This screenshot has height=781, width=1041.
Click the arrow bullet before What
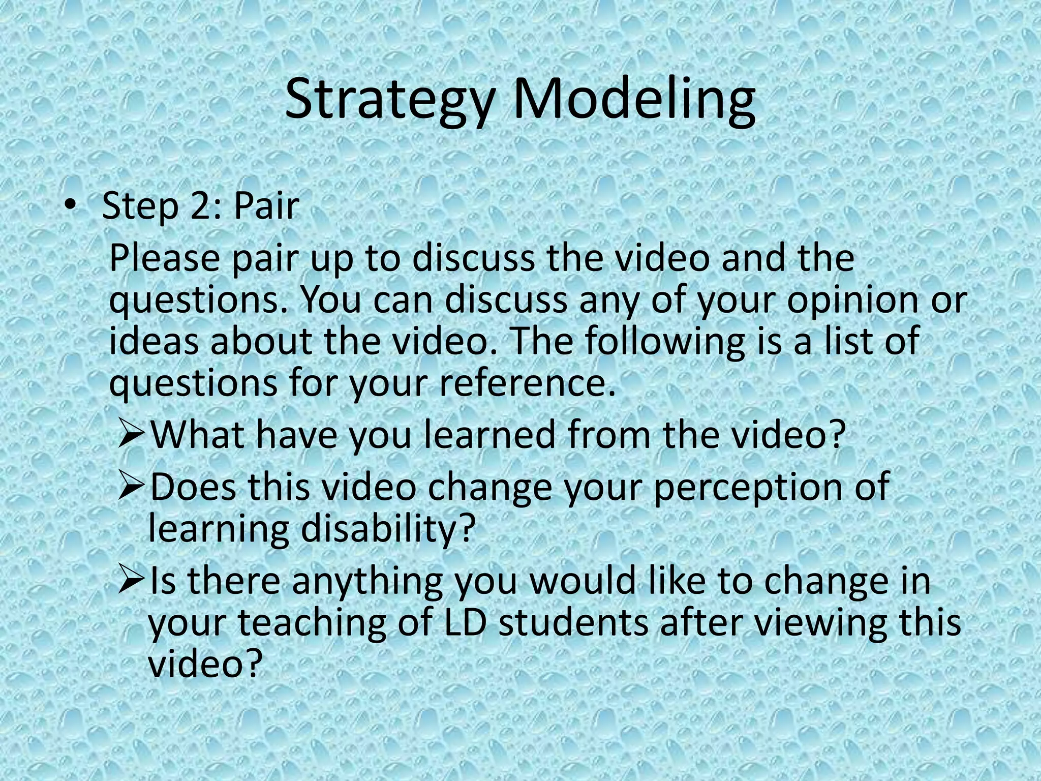(132, 435)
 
